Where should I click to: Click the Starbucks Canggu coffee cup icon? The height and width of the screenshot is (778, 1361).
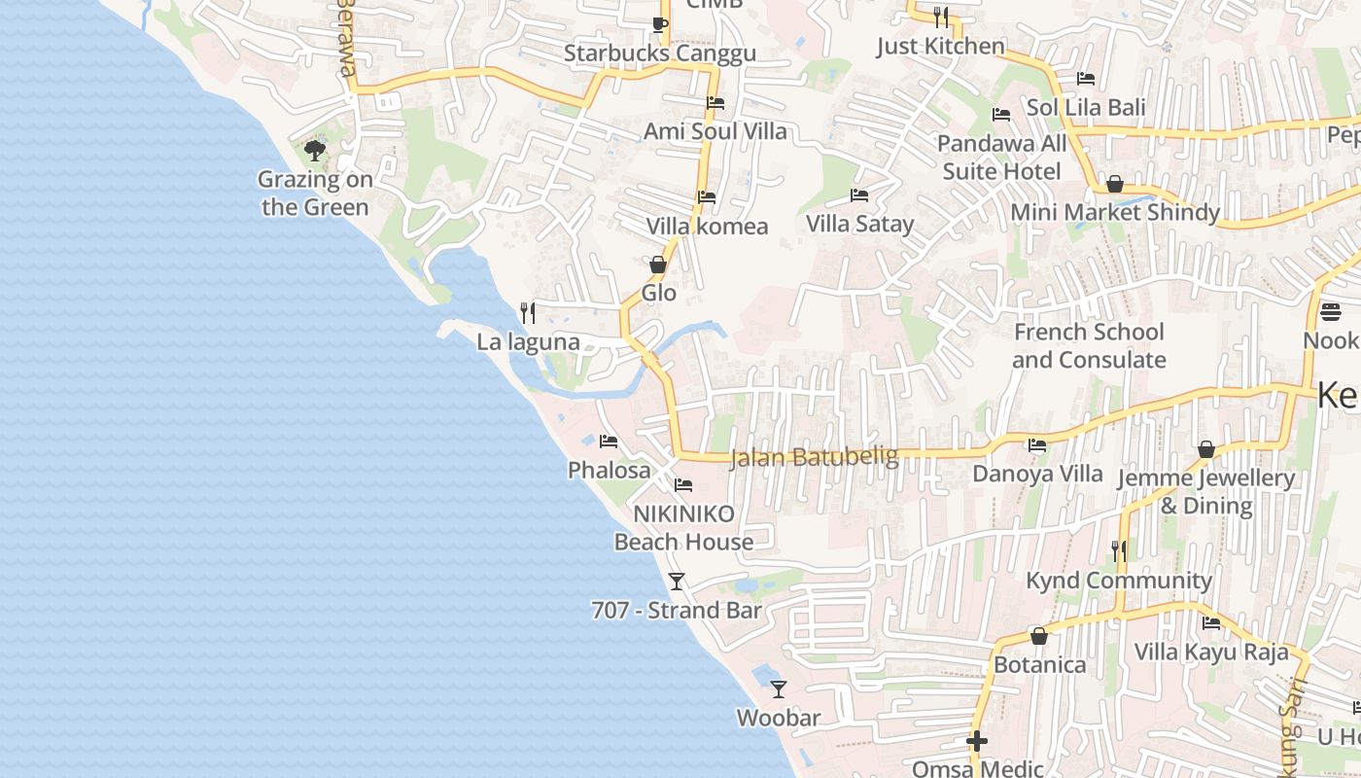point(659,24)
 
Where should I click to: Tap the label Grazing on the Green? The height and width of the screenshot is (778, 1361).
point(315,194)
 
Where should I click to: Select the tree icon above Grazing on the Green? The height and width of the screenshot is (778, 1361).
point(314,150)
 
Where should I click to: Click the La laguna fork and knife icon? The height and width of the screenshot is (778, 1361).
point(528,312)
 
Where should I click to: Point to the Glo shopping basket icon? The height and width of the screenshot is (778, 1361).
point(658,265)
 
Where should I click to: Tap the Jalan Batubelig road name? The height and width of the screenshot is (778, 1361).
point(814,456)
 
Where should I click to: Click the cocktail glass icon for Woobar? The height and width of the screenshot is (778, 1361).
point(779,690)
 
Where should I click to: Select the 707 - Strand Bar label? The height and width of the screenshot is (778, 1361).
point(676,611)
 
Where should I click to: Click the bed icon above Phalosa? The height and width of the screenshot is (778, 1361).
point(609,442)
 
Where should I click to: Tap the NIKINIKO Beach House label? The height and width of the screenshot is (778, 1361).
point(683,528)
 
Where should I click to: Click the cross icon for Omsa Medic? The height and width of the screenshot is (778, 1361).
point(977,742)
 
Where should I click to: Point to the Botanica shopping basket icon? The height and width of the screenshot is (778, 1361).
point(1039,636)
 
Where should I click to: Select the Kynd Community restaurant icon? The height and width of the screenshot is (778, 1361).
point(1119,551)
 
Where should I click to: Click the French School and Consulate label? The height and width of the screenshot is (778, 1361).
point(1089,346)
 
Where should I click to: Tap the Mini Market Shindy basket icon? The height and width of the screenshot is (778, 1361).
point(1115,184)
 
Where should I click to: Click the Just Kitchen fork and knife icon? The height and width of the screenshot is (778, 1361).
point(940,17)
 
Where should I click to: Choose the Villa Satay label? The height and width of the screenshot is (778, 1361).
point(859,225)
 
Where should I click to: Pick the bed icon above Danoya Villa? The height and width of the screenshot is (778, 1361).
point(1037,445)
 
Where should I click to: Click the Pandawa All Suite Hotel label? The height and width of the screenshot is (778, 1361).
point(1001,158)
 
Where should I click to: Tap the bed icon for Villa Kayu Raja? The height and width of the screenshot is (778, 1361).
point(1211,622)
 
